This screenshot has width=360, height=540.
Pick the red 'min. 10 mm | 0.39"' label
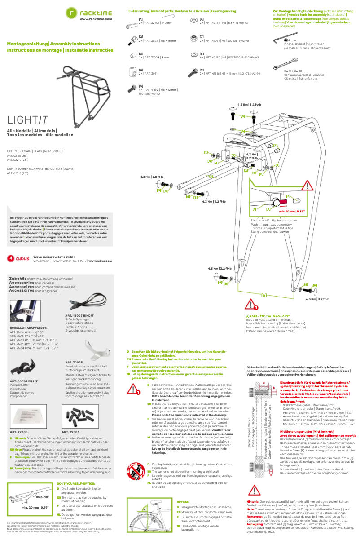(291, 211)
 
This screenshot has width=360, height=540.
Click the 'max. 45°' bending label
(43, 497)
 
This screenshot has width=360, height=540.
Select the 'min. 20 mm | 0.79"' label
(35, 507)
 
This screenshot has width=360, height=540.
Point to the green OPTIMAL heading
(184, 502)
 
